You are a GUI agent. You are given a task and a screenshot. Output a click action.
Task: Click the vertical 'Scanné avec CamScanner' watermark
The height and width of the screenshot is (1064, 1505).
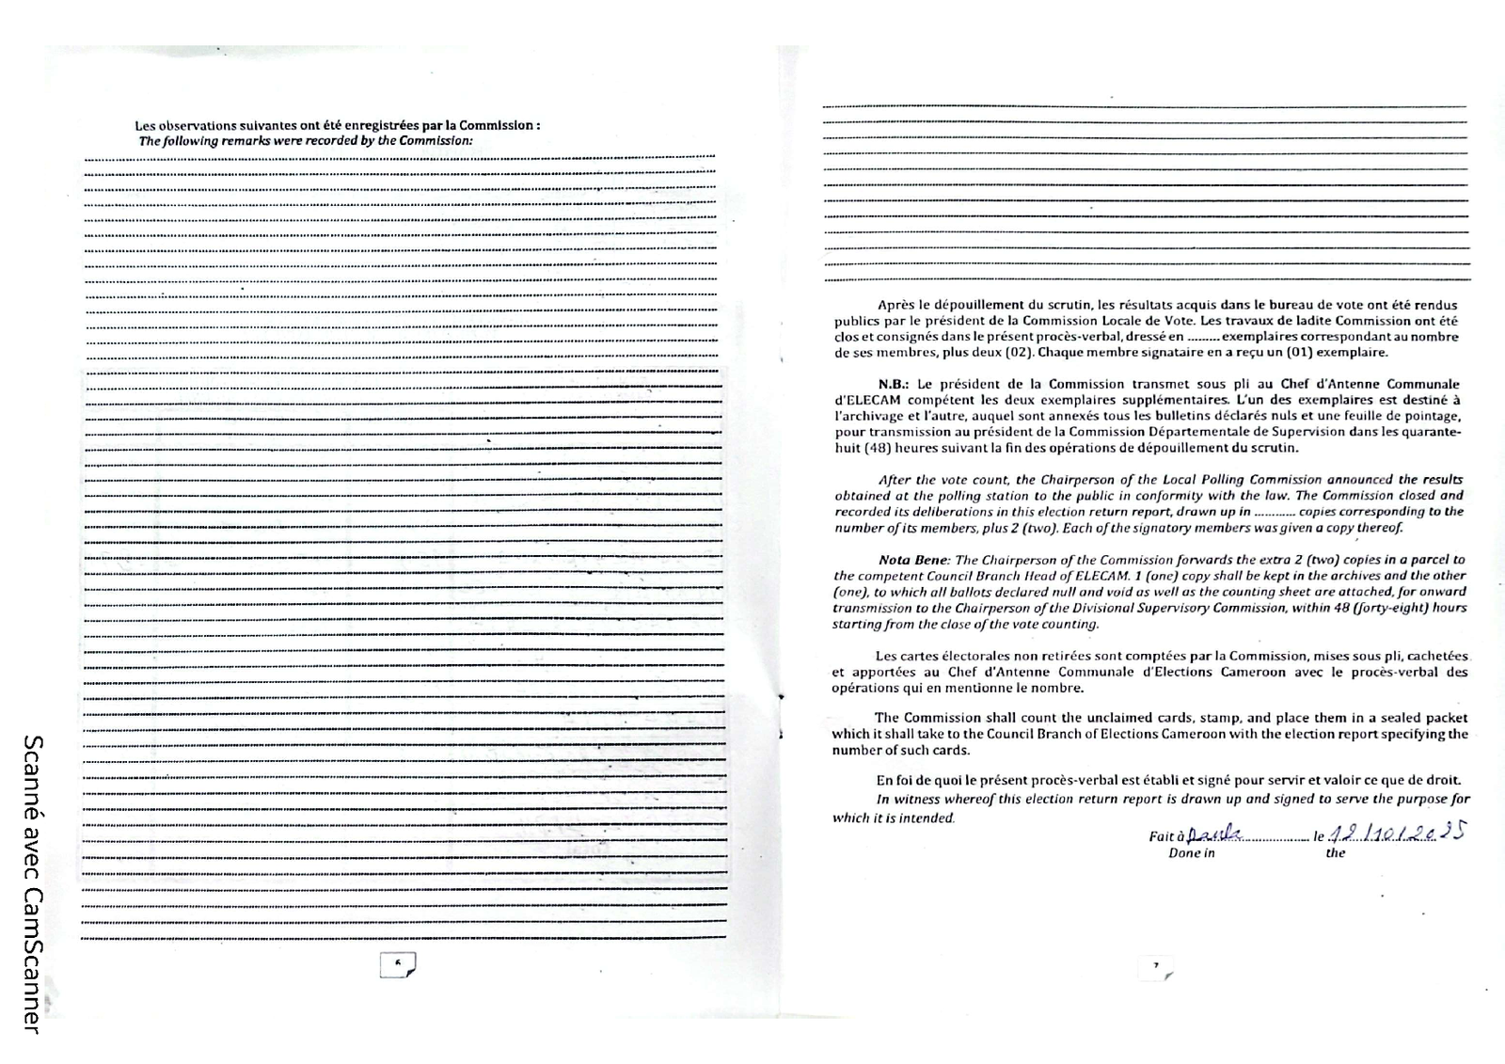(31, 884)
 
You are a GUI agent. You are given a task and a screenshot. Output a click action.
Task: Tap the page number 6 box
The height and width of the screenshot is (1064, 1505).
(397, 963)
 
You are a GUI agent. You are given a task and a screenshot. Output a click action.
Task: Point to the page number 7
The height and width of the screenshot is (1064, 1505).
(1156, 965)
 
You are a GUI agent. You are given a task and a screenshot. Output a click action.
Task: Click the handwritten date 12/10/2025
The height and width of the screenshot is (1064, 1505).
(1397, 833)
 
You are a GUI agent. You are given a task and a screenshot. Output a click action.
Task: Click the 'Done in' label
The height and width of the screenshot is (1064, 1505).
(1191, 853)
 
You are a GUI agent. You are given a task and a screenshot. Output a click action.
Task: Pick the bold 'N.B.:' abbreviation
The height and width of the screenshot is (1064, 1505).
(893, 384)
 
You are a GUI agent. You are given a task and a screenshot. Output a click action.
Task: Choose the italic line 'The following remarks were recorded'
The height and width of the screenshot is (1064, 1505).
(305, 141)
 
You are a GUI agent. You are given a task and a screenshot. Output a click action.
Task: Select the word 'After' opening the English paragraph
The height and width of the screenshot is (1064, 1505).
(895, 480)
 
